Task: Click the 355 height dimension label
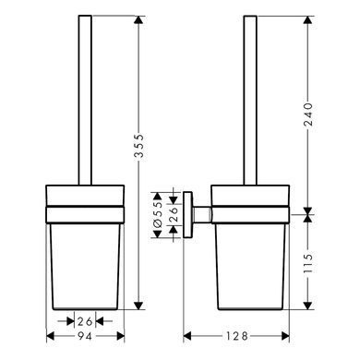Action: (139, 146)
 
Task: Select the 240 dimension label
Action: (307, 114)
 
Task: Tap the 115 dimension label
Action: (307, 263)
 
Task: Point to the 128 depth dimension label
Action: (236, 336)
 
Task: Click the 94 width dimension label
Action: (85, 337)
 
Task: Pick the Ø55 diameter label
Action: (158, 215)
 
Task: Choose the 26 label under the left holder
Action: (85, 321)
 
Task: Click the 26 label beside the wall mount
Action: (174, 215)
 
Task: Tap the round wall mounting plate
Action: (187, 215)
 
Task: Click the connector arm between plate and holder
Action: (202, 215)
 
